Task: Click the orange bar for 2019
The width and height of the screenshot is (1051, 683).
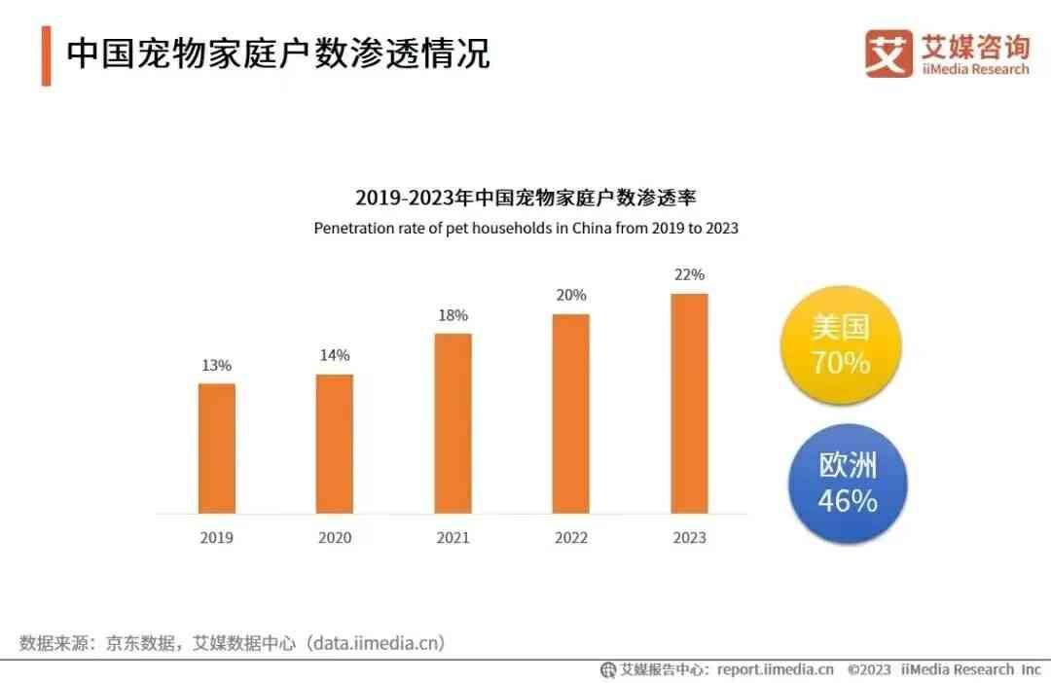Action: (x=216, y=448)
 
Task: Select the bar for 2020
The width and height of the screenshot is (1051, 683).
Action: (x=335, y=443)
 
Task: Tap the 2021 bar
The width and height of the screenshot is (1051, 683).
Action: (x=453, y=422)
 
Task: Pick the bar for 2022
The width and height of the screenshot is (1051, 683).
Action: (x=570, y=413)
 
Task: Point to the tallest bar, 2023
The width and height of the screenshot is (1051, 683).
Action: (x=689, y=403)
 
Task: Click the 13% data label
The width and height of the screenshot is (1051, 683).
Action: (x=216, y=366)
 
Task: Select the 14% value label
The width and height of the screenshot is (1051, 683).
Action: (x=335, y=355)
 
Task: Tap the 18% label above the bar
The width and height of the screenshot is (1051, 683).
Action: (x=453, y=315)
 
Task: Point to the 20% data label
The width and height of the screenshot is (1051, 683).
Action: (x=571, y=295)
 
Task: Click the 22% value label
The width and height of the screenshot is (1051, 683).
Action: (x=689, y=274)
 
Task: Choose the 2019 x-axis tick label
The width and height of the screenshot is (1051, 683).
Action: (x=216, y=537)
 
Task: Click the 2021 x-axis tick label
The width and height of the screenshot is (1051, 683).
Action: (x=453, y=537)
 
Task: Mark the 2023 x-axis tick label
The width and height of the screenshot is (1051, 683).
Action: (x=689, y=537)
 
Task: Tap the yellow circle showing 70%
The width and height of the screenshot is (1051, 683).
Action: (x=841, y=345)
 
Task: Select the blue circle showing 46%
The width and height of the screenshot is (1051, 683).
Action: (x=846, y=484)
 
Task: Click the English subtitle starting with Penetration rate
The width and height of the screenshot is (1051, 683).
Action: (x=525, y=229)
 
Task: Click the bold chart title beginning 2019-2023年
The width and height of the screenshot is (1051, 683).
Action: (x=525, y=198)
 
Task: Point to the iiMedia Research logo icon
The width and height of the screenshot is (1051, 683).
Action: (x=888, y=54)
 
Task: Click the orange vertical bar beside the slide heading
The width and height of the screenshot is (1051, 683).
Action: (x=46, y=55)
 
